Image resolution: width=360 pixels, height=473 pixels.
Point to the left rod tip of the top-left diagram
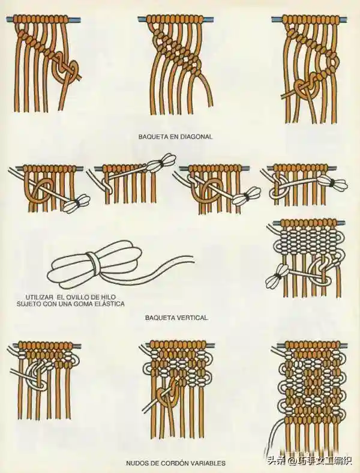click(7, 20)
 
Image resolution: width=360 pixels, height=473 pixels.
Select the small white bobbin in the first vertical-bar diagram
click(77, 202)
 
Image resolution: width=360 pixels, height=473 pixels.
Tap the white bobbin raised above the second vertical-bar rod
click(161, 161)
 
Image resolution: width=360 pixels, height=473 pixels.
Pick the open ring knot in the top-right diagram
click(332, 63)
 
